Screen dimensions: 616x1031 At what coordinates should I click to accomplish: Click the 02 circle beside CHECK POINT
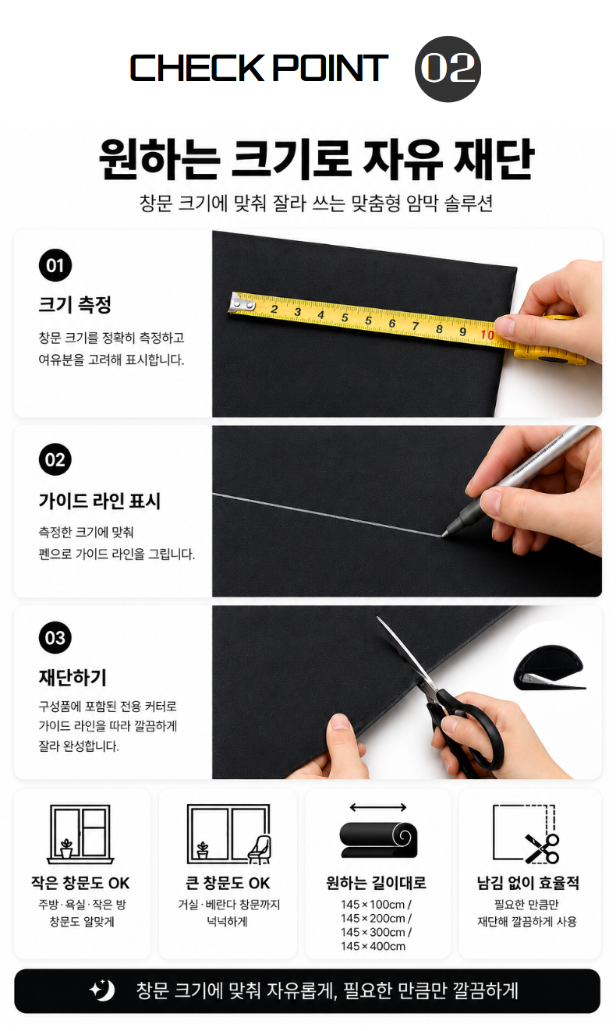[x=448, y=69]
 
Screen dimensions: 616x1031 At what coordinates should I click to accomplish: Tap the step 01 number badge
[x=55, y=266]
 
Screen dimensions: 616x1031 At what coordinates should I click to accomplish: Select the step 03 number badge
[x=55, y=637]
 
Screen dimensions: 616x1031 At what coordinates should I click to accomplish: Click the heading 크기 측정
[x=75, y=304]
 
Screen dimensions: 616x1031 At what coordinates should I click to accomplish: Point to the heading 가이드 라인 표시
[x=99, y=501]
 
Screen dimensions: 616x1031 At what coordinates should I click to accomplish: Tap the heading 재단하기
[x=73, y=677]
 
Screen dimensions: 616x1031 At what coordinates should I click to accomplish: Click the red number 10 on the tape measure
[x=487, y=335]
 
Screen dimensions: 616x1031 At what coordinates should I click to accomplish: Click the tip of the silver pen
[x=444, y=535]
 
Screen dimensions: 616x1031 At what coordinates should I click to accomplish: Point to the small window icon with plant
[x=80, y=834]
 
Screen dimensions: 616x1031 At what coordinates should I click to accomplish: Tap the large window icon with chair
[x=228, y=834]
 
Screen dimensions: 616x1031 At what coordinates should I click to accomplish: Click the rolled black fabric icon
[x=378, y=839]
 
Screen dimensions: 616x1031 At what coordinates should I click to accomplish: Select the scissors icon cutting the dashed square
[x=542, y=849]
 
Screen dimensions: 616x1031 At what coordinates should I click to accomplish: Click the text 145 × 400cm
[x=373, y=946]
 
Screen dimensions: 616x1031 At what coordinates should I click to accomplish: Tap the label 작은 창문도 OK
[x=80, y=883]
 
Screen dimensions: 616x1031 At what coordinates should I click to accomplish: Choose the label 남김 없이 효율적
[x=528, y=883]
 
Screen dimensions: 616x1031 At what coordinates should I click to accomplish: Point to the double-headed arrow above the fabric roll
[x=377, y=807]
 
